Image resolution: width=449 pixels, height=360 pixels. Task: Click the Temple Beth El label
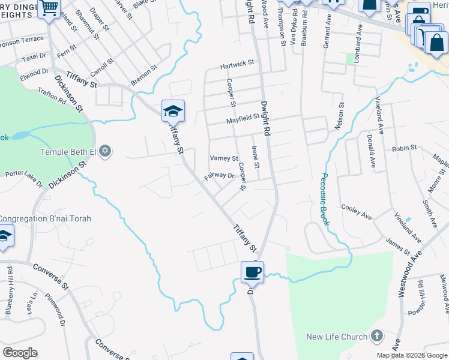(x=68, y=151)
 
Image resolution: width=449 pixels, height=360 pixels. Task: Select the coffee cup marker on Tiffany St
(x=252, y=272)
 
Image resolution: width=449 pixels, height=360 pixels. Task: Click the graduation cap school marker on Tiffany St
(x=172, y=111)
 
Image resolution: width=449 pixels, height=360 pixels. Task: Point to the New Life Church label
(x=337, y=337)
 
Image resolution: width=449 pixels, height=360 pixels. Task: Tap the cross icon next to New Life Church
(x=377, y=335)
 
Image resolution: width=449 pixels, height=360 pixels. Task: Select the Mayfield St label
(x=242, y=119)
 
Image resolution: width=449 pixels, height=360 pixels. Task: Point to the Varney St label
(x=224, y=158)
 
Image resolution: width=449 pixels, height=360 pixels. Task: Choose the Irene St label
(x=256, y=157)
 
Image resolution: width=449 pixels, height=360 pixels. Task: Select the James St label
(x=397, y=244)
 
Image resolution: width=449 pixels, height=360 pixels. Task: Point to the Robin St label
(x=404, y=148)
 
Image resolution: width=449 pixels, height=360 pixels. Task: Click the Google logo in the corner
(x=20, y=353)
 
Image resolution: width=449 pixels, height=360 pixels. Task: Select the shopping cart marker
(x=48, y=8)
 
